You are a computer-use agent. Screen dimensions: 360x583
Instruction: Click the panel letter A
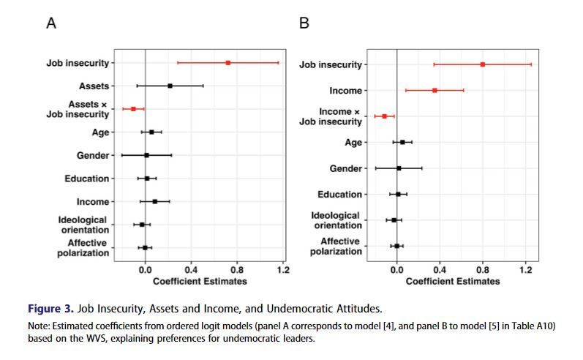(x=51, y=23)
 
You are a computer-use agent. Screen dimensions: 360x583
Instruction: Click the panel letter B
(x=304, y=23)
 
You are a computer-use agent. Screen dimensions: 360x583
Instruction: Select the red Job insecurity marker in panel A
(x=228, y=63)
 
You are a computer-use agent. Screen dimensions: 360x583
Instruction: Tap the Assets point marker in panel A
(x=170, y=86)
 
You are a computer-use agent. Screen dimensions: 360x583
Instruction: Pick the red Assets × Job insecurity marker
(x=133, y=109)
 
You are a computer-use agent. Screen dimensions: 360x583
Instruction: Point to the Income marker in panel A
(x=154, y=201)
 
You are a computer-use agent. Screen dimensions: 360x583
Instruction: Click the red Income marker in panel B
(x=435, y=90)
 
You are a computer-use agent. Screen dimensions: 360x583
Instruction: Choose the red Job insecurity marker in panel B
(x=483, y=64)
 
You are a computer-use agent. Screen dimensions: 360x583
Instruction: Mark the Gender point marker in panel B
(x=399, y=168)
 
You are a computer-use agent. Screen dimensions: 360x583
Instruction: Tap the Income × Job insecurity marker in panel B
(x=384, y=116)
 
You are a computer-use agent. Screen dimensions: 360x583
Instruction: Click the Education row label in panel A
(x=88, y=179)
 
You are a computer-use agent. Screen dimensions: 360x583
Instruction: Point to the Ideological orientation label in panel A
(x=83, y=225)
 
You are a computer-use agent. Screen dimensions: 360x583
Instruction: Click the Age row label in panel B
(x=353, y=143)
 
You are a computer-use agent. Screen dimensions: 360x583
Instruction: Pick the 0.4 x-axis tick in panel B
(x=440, y=270)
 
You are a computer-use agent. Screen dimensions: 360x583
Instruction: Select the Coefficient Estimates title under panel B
(x=452, y=282)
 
